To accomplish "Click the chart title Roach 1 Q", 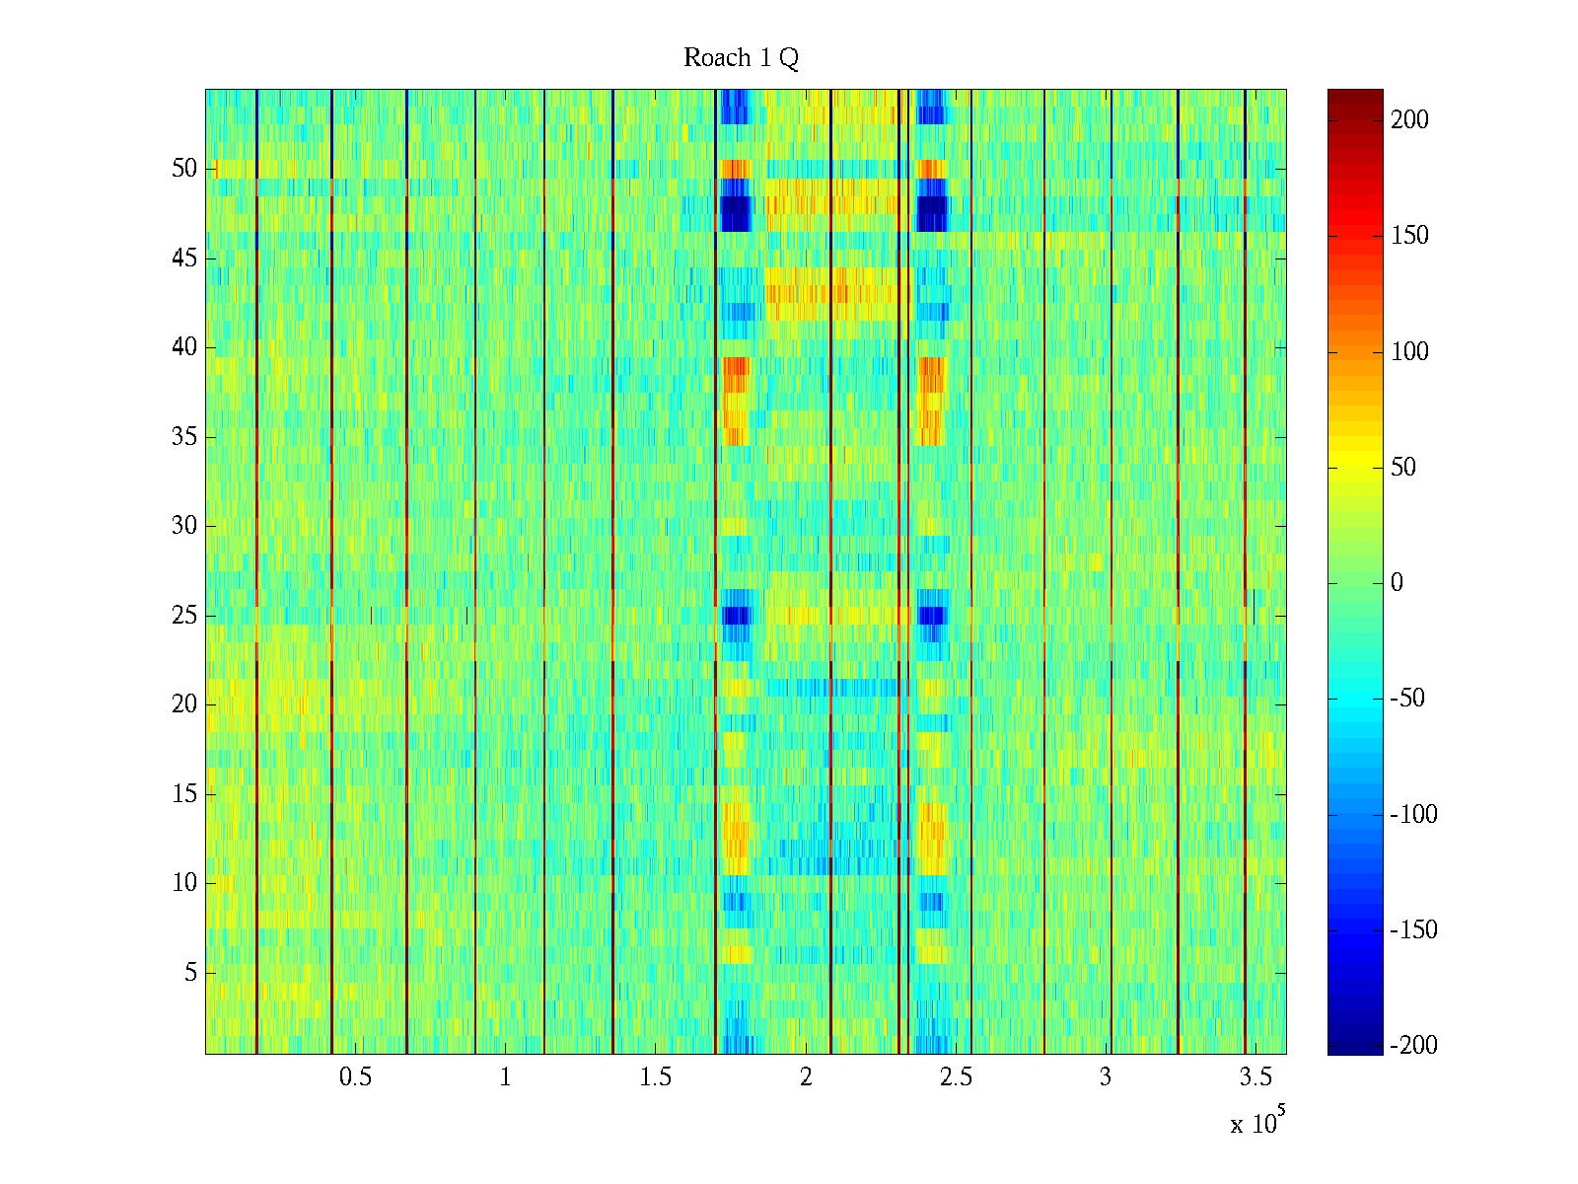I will click(x=741, y=58).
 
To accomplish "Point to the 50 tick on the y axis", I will click(x=184, y=169).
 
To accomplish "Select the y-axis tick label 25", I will click(x=184, y=616).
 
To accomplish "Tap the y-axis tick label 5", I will click(x=190, y=973).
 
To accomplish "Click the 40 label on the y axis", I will click(x=184, y=347).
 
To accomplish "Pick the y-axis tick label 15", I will click(x=184, y=794).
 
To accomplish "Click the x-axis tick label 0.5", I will click(x=355, y=1077).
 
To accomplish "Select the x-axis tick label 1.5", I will click(x=656, y=1077).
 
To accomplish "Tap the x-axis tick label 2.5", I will click(x=956, y=1077).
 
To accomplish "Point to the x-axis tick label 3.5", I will click(x=1256, y=1077).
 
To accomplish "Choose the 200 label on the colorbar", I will click(x=1409, y=120).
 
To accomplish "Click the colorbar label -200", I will click(x=1413, y=1046).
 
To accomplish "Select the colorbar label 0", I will click(x=1397, y=583).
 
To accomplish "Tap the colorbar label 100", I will click(x=1409, y=352).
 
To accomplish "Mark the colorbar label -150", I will click(x=1413, y=930).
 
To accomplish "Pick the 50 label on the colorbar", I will click(x=1403, y=468).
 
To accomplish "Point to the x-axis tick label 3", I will click(x=1106, y=1077).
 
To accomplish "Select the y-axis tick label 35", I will click(x=184, y=437).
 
